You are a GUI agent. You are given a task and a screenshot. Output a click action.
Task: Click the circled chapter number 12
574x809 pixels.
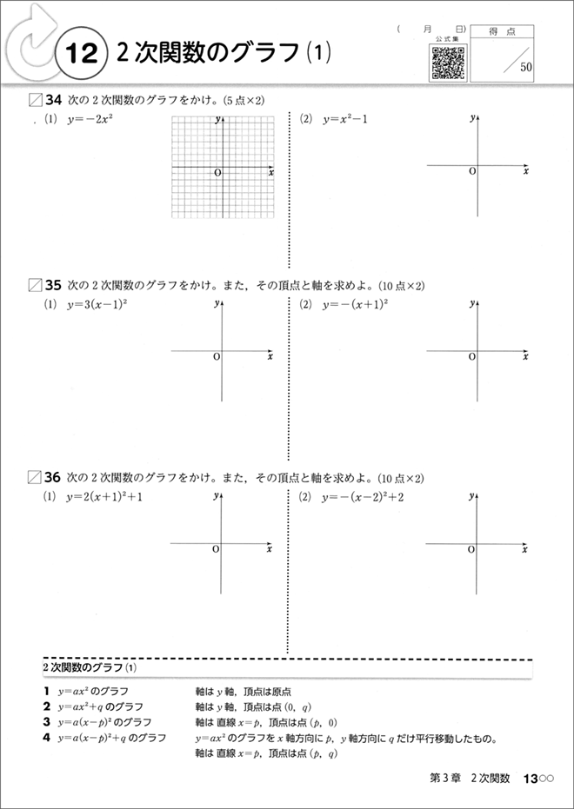(x=80, y=54)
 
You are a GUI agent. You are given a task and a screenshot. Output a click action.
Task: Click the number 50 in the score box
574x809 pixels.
(x=527, y=67)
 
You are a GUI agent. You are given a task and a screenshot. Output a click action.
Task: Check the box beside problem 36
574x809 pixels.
(x=35, y=477)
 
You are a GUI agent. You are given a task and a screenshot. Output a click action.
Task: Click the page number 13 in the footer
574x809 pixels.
(x=531, y=779)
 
